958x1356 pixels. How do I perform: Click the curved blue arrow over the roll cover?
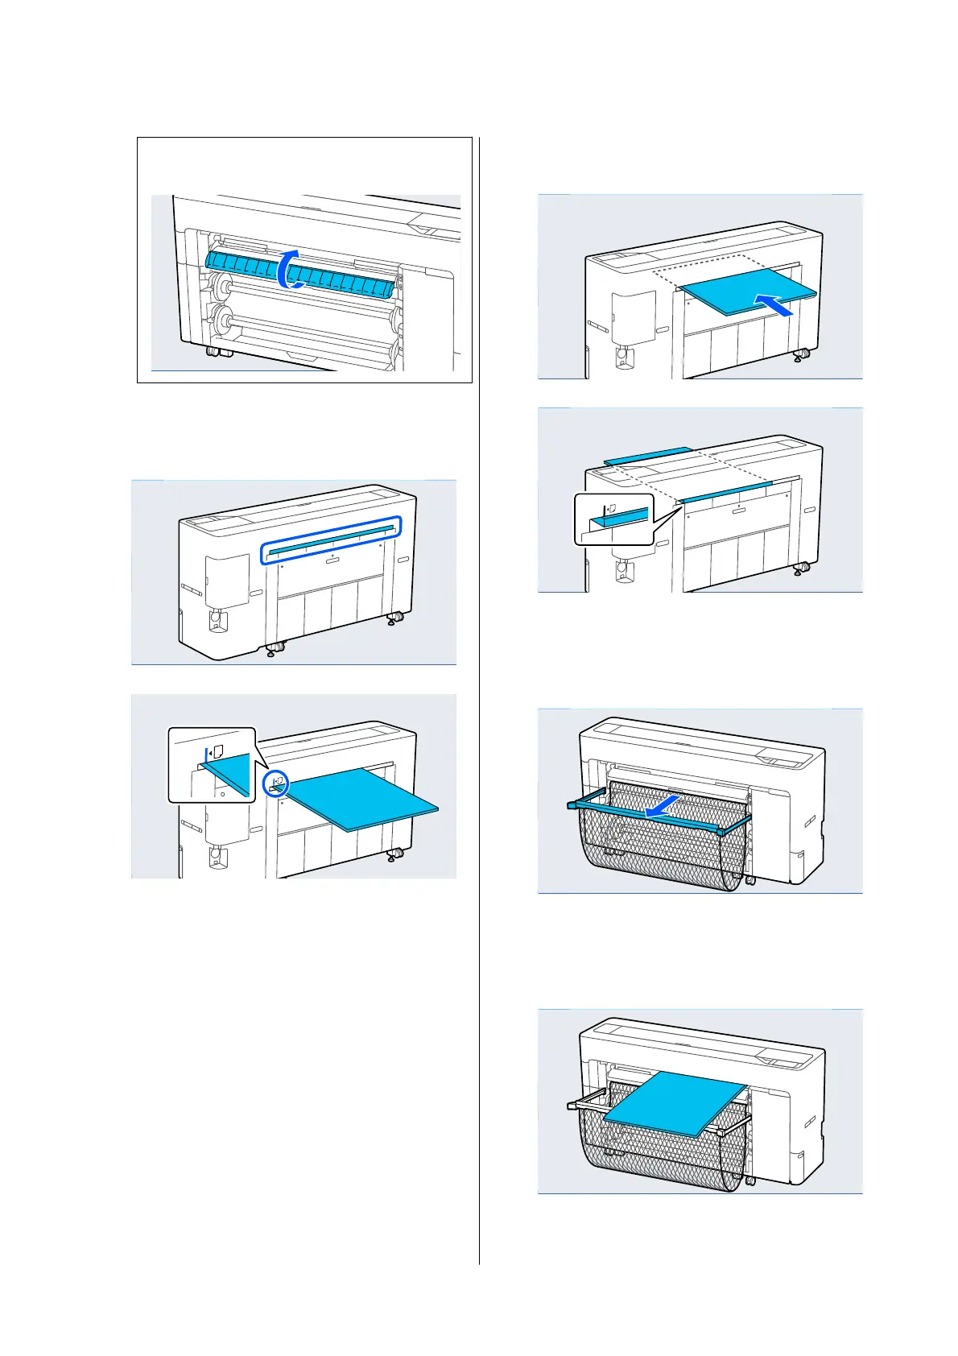(x=288, y=267)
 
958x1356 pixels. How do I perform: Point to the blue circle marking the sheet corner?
(x=276, y=783)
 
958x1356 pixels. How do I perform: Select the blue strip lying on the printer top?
(x=647, y=455)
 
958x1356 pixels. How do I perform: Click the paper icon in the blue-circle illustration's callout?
(x=217, y=752)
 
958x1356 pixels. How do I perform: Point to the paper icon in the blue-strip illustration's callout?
(x=611, y=509)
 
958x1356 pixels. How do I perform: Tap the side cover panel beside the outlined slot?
(x=227, y=581)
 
